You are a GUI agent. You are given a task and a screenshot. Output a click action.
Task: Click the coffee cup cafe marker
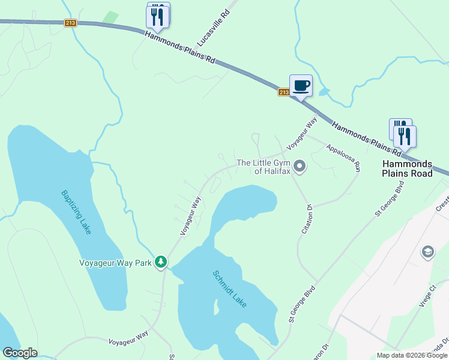(x=301, y=86)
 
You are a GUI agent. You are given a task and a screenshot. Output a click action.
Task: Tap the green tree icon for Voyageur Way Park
(x=160, y=262)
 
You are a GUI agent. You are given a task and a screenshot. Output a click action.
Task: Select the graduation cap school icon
(x=428, y=251)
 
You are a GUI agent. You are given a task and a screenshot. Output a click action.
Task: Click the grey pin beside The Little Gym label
(x=300, y=166)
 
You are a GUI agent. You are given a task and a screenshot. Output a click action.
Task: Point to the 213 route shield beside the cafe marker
(x=284, y=92)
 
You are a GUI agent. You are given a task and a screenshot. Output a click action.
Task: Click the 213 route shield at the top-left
(x=71, y=23)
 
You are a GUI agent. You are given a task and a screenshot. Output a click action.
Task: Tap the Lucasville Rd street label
(x=214, y=29)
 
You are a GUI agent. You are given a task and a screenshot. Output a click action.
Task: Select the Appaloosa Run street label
(x=343, y=158)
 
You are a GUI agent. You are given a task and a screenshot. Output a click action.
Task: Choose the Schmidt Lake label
(x=234, y=290)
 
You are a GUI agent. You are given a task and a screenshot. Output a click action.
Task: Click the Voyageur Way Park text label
(x=115, y=263)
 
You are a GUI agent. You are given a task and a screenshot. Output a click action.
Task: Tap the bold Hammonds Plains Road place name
(x=407, y=169)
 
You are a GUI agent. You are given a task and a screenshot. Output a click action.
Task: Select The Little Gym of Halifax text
(x=264, y=167)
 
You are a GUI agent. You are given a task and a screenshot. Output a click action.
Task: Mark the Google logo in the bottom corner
(x=20, y=353)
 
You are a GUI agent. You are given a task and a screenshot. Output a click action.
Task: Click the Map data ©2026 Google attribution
(x=412, y=355)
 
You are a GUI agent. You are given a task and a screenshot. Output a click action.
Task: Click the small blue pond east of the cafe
(x=325, y=92)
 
